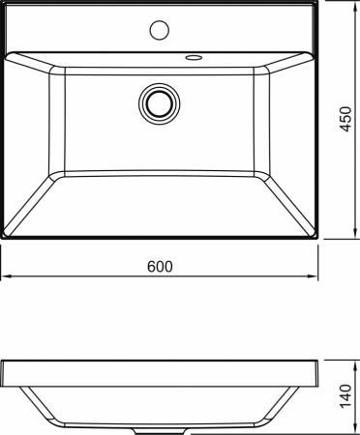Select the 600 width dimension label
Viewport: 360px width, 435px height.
(x=160, y=267)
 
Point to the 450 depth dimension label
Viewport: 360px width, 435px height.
(x=345, y=121)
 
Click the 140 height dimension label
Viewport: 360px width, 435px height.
(x=345, y=395)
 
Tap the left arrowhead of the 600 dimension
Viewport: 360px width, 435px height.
(x=4, y=278)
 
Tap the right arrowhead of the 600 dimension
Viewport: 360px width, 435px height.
(x=315, y=278)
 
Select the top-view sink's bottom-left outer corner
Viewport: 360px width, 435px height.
(x=3, y=238)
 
